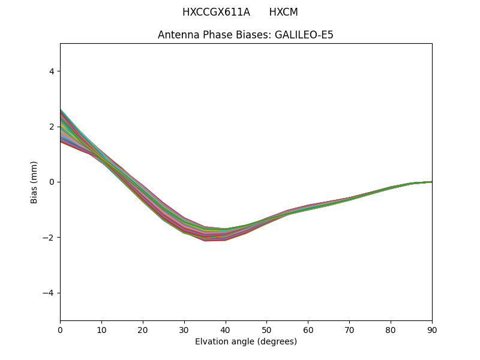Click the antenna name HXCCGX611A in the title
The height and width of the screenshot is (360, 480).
pos(216,12)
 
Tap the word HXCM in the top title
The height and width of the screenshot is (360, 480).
pos(283,12)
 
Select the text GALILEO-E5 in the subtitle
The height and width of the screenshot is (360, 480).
pos(304,35)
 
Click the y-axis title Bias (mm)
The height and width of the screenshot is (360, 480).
pos(34,182)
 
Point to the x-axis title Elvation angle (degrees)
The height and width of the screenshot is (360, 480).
pos(246,341)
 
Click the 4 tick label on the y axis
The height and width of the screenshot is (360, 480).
pos(52,71)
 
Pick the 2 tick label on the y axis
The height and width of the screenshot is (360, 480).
pos(52,127)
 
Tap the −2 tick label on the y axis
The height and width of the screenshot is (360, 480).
pos(49,238)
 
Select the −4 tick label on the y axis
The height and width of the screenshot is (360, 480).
pos(49,293)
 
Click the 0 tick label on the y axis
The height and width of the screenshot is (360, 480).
pos(52,182)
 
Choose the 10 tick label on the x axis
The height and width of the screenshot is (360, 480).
pos(101,329)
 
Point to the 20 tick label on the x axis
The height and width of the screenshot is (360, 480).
pos(143,329)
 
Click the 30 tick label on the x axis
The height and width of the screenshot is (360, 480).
pos(184,329)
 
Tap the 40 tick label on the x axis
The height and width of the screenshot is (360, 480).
pos(226,329)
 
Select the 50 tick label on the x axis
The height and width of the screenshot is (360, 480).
pos(266,329)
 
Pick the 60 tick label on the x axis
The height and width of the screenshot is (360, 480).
pos(308,329)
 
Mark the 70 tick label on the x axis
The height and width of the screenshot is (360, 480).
pos(349,329)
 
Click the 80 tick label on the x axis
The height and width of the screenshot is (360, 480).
pos(391,329)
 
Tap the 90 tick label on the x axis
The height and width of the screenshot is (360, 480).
pos(432,329)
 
